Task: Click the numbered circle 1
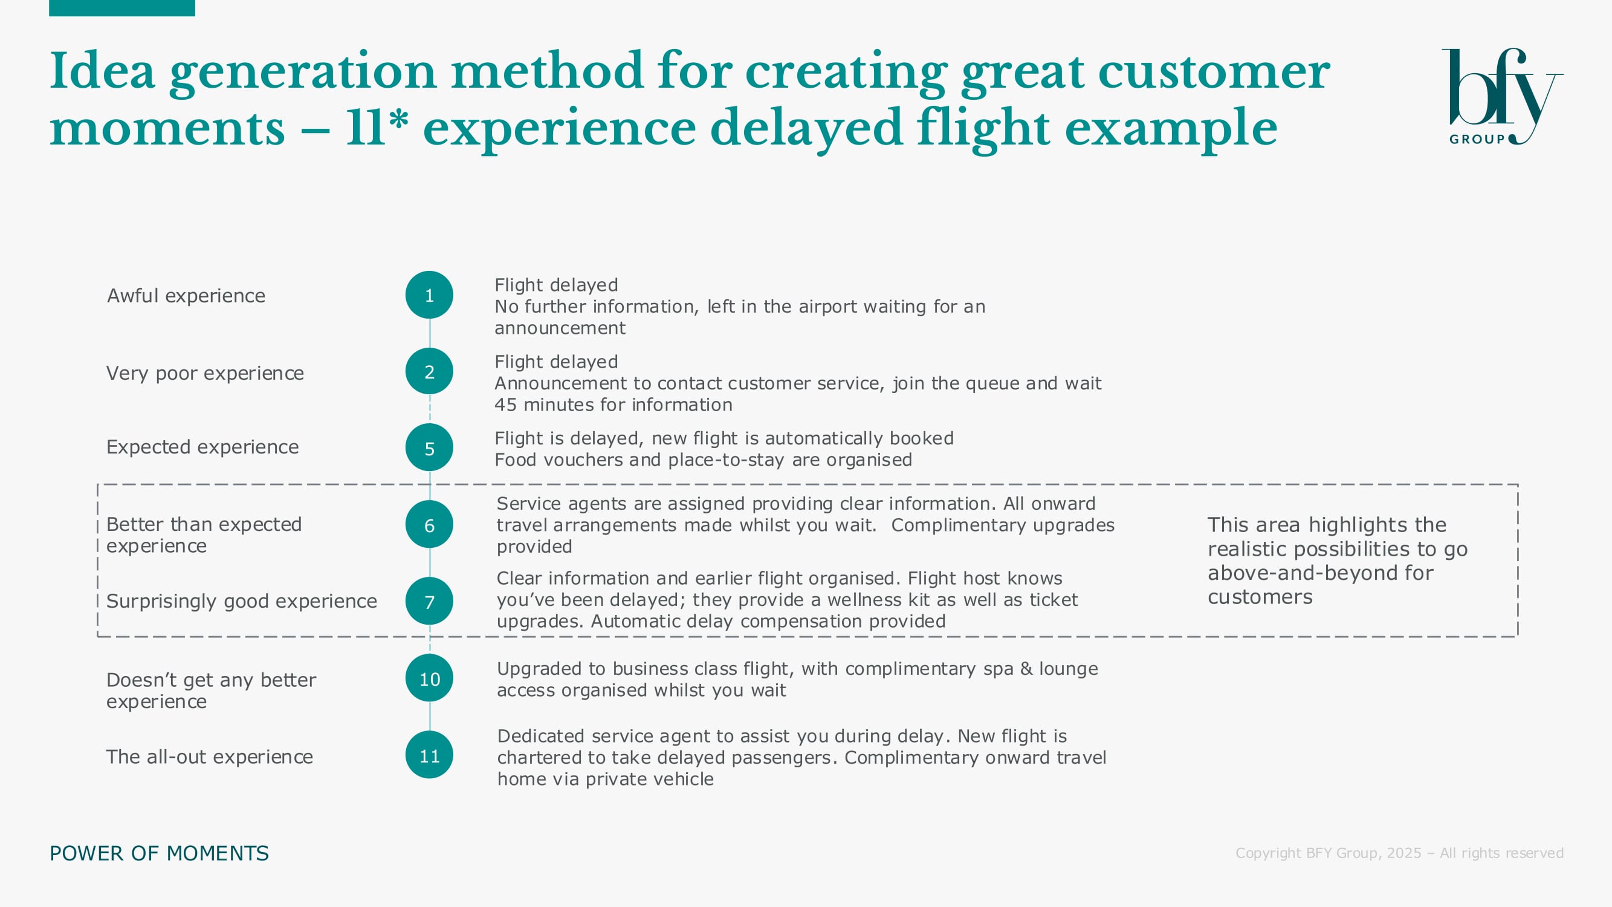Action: (429, 295)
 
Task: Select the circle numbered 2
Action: (429, 372)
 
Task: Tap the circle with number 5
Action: (429, 448)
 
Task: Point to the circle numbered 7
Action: (429, 602)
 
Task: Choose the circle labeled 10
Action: (429, 678)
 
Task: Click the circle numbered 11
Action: (429, 755)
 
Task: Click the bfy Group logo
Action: (1502, 97)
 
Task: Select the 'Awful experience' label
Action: (186, 296)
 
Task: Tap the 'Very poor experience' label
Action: (206, 373)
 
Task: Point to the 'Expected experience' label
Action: (202, 447)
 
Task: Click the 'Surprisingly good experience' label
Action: (242, 601)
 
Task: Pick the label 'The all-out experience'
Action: (210, 756)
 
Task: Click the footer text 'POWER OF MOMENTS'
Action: (159, 853)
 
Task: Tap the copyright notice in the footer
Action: (1399, 853)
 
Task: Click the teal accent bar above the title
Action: (122, 8)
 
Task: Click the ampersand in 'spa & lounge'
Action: (1026, 669)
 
